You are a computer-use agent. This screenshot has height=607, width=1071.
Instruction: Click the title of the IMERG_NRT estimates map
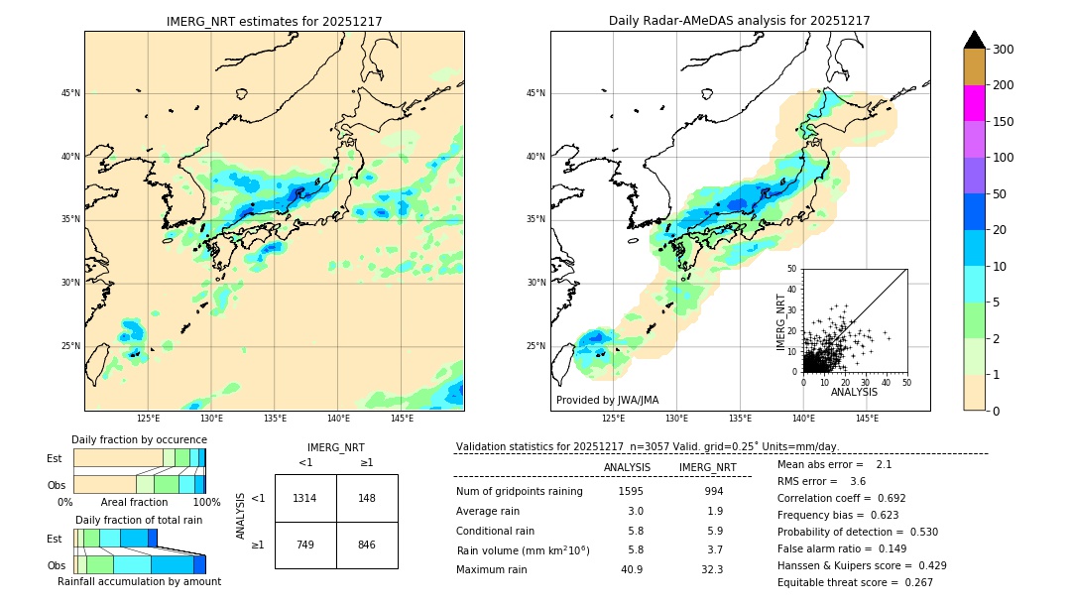[274, 21]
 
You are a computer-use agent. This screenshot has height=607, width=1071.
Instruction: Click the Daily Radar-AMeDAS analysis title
[739, 21]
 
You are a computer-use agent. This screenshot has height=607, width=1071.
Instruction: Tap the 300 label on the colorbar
[1004, 50]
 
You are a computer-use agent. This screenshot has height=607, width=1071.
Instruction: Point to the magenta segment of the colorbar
[974, 103]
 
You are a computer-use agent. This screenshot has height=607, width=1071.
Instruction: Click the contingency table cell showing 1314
[305, 498]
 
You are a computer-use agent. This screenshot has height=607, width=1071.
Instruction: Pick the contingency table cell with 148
[367, 498]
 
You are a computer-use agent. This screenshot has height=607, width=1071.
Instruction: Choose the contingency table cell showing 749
[305, 545]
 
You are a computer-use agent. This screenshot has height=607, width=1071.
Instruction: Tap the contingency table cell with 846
[367, 545]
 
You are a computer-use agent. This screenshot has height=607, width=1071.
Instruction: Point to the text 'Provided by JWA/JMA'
[607, 400]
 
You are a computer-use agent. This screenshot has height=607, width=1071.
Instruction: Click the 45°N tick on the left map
[70, 93]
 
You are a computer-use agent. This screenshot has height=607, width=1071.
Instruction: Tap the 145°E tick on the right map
[867, 419]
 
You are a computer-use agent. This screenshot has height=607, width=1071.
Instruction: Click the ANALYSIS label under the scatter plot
[854, 392]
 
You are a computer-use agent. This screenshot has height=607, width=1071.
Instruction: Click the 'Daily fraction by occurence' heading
[139, 439]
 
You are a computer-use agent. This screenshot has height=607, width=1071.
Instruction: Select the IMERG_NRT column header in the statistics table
[707, 467]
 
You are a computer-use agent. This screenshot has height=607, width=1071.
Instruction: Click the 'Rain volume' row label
[523, 549]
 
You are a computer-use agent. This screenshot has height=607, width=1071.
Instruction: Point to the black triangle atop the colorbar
[974, 40]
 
